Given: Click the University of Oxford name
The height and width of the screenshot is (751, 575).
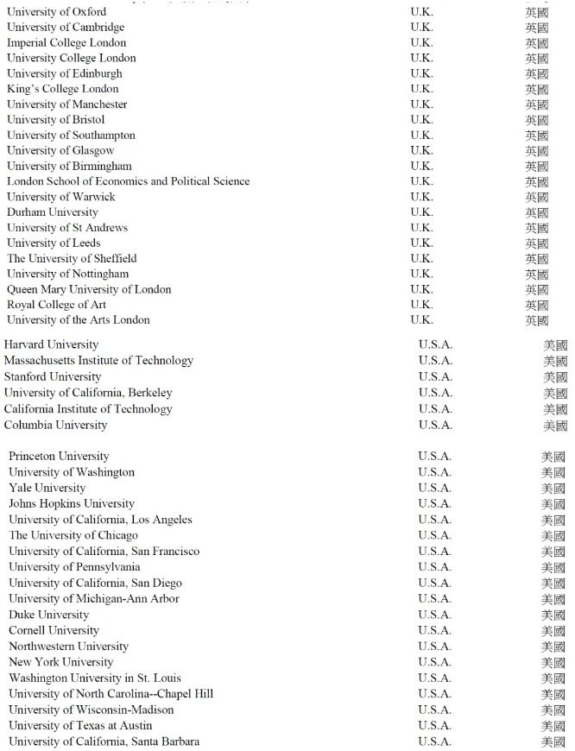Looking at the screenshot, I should pos(57,12).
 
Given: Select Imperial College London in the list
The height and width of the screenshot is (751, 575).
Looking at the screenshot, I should pos(66,43).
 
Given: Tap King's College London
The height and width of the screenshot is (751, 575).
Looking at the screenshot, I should pos(63,89).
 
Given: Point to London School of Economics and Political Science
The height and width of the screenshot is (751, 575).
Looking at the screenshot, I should pos(129,181).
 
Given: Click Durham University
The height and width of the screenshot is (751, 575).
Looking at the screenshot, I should pos(53,212).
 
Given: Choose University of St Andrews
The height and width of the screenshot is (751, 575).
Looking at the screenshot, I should pos(67,228).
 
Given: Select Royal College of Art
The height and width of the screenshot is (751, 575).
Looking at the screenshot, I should pos(57,305).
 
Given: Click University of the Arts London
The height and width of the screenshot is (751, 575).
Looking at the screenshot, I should pos(79,320).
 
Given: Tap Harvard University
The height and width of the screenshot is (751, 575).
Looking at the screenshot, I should pos(51,345).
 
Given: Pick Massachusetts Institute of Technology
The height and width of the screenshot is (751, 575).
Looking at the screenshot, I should pos(98,361).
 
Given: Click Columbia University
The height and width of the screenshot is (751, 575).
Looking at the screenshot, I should pos(55,426).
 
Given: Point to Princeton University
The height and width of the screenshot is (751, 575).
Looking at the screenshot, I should pos(59,457).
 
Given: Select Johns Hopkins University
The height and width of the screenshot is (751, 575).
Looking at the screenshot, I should pos(72,504).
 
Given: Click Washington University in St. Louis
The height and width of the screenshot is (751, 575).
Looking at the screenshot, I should pos(95,678).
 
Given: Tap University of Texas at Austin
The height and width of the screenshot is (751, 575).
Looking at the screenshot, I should pos(80,726).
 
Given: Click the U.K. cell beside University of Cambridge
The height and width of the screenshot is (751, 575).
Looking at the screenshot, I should pos(422,28).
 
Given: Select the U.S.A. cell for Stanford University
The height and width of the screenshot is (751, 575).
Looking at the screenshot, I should pos(435,377).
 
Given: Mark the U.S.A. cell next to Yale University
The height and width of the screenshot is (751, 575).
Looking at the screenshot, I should pos(434,489).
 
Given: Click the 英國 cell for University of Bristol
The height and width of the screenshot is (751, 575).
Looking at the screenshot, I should pos(537,120).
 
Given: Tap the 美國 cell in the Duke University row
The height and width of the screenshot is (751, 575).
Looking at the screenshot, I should pos(553,615).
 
